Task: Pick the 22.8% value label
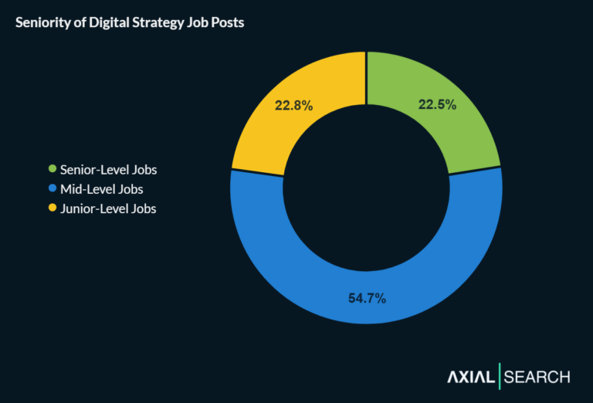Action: pos(294,106)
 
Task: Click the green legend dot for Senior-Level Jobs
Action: pos(53,169)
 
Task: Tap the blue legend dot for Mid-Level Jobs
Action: pos(53,188)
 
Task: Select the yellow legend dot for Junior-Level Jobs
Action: pos(53,208)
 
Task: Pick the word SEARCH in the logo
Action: pos(537,378)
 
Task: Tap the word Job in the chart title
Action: pos(195,22)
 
